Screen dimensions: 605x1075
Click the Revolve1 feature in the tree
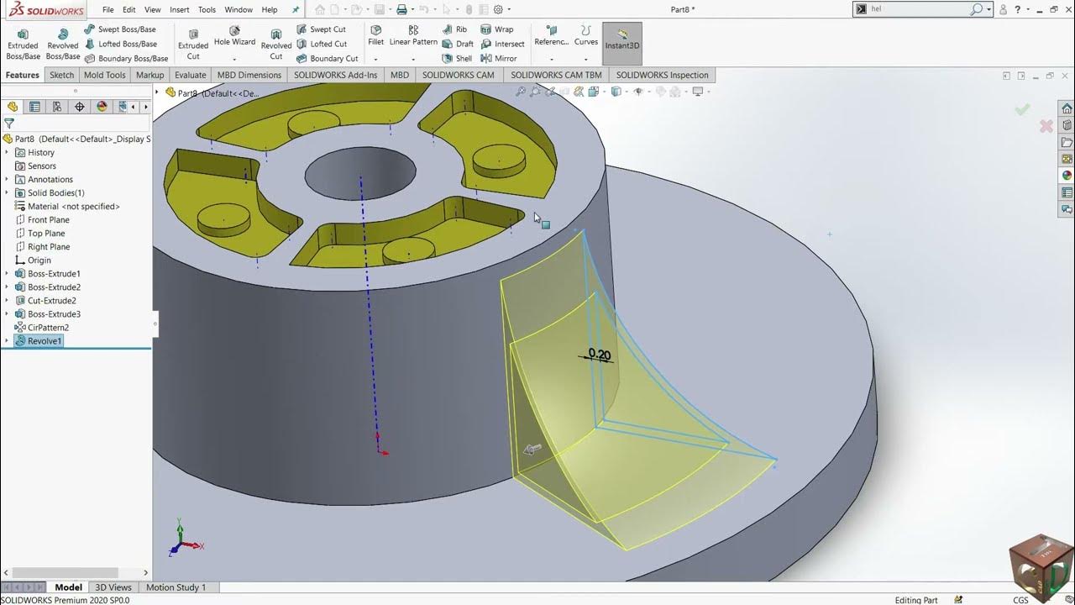[45, 341]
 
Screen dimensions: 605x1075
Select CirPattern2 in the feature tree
[48, 328]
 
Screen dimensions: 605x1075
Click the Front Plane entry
[48, 220]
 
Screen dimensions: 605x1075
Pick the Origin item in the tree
[39, 260]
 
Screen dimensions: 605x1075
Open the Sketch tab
[61, 75]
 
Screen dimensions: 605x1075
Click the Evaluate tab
[190, 75]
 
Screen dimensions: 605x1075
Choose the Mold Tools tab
[104, 75]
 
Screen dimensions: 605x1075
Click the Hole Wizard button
[234, 41]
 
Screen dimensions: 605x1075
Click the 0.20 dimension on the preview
[599, 355]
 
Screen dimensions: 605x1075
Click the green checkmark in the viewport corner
[1022, 110]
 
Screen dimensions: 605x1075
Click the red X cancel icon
[1046, 126]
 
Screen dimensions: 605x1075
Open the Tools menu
[207, 10]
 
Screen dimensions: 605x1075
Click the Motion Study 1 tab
[176, 587]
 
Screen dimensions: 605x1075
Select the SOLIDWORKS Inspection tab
[662, 75]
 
